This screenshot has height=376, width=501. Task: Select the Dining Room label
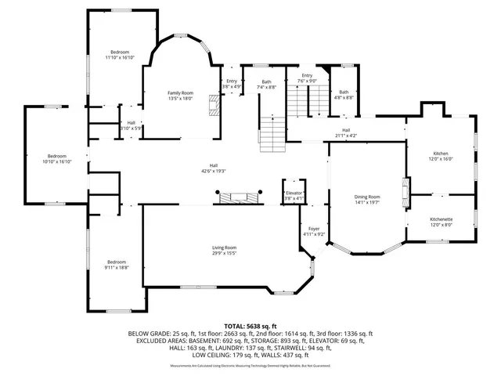click(367, 199)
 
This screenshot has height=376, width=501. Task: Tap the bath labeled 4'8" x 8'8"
click(344, 94)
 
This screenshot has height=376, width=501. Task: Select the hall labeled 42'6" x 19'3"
click(213, 167)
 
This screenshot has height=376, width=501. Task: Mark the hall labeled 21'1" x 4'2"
click(345, 132)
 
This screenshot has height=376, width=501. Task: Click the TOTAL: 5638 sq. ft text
click(250, 325)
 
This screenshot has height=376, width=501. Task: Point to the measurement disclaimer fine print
click(250, 365)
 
